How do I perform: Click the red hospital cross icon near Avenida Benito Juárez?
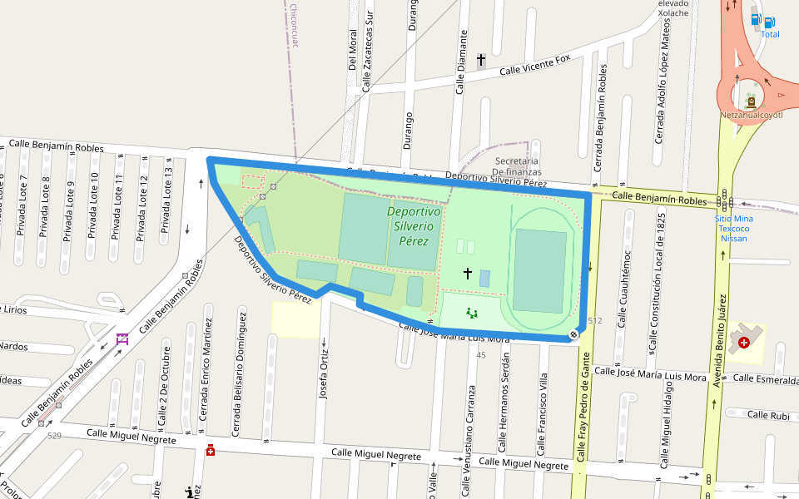tap(743, 342)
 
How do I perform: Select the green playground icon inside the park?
tap(473, 314)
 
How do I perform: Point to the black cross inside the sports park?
tap(468, 274)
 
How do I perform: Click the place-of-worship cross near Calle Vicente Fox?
tap(481, 60)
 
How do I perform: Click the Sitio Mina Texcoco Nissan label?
tap(732, 229)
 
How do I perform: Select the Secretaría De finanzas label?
tap(517, 166)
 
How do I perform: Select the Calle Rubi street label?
tap(768, 415)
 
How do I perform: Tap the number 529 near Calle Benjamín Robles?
tap(55, 436)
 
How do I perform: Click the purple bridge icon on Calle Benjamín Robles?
tap(122, 339)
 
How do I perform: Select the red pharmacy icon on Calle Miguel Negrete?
tap(211, 451)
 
